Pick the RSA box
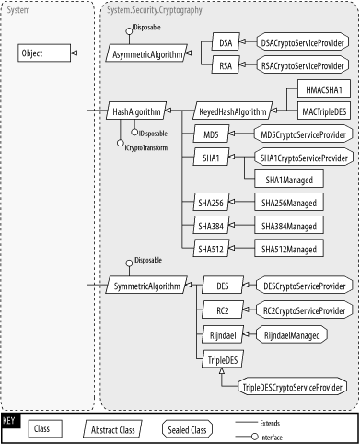[225, 66]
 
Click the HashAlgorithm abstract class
[136, 111]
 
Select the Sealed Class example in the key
[189, 428]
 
